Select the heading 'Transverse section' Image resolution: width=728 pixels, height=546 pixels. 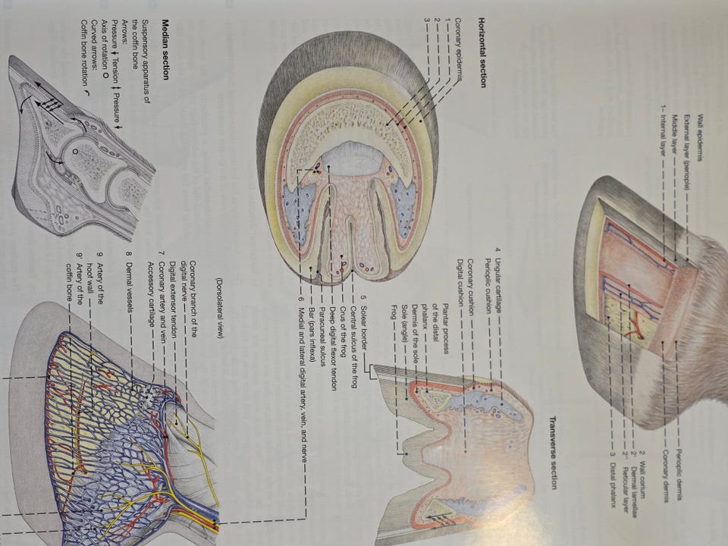[553, 452]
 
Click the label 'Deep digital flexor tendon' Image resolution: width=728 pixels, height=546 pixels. [332, 348]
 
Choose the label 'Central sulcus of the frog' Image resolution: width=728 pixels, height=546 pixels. [353, 347]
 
